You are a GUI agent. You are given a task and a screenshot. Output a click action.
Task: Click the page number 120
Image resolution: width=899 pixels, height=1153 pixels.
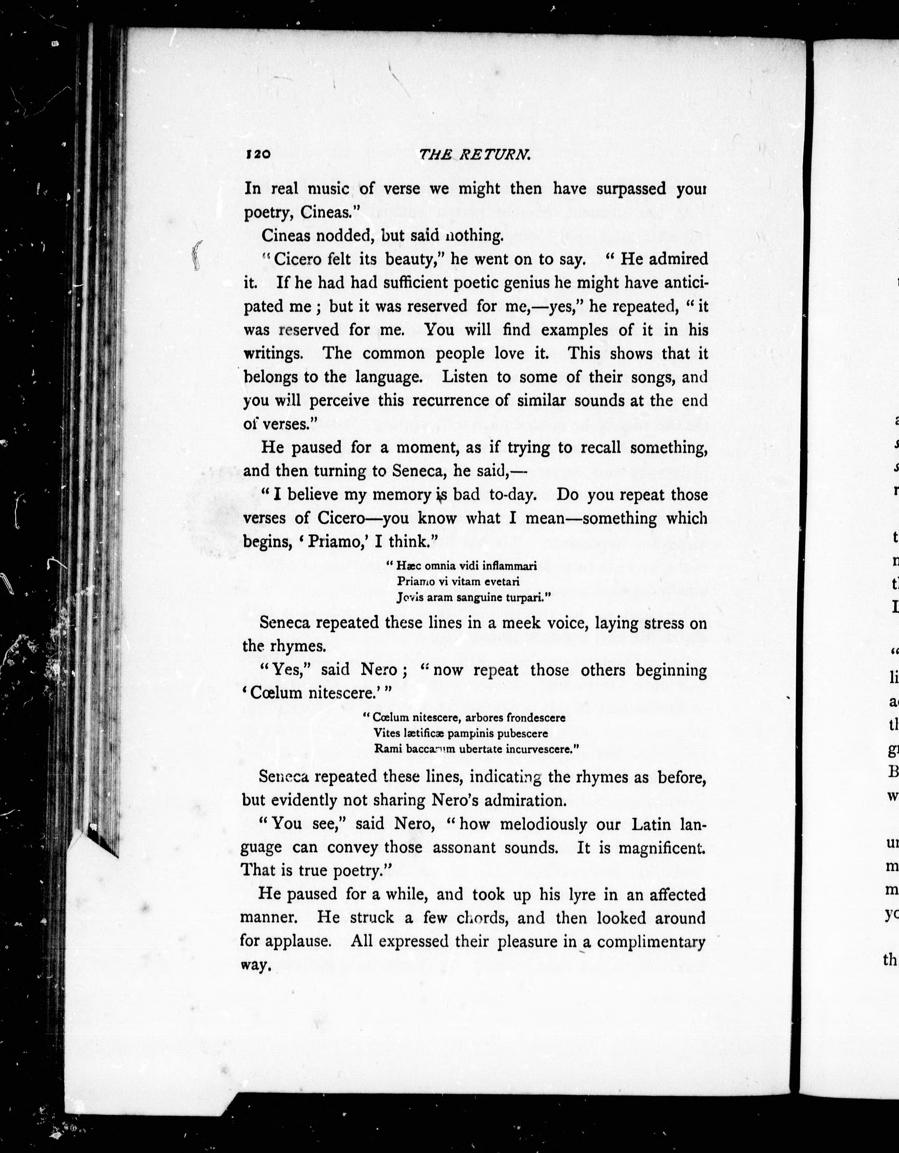(x=258, y=154)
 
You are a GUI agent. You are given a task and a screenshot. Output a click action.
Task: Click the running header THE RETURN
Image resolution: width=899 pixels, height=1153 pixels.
(x=474, y=154)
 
